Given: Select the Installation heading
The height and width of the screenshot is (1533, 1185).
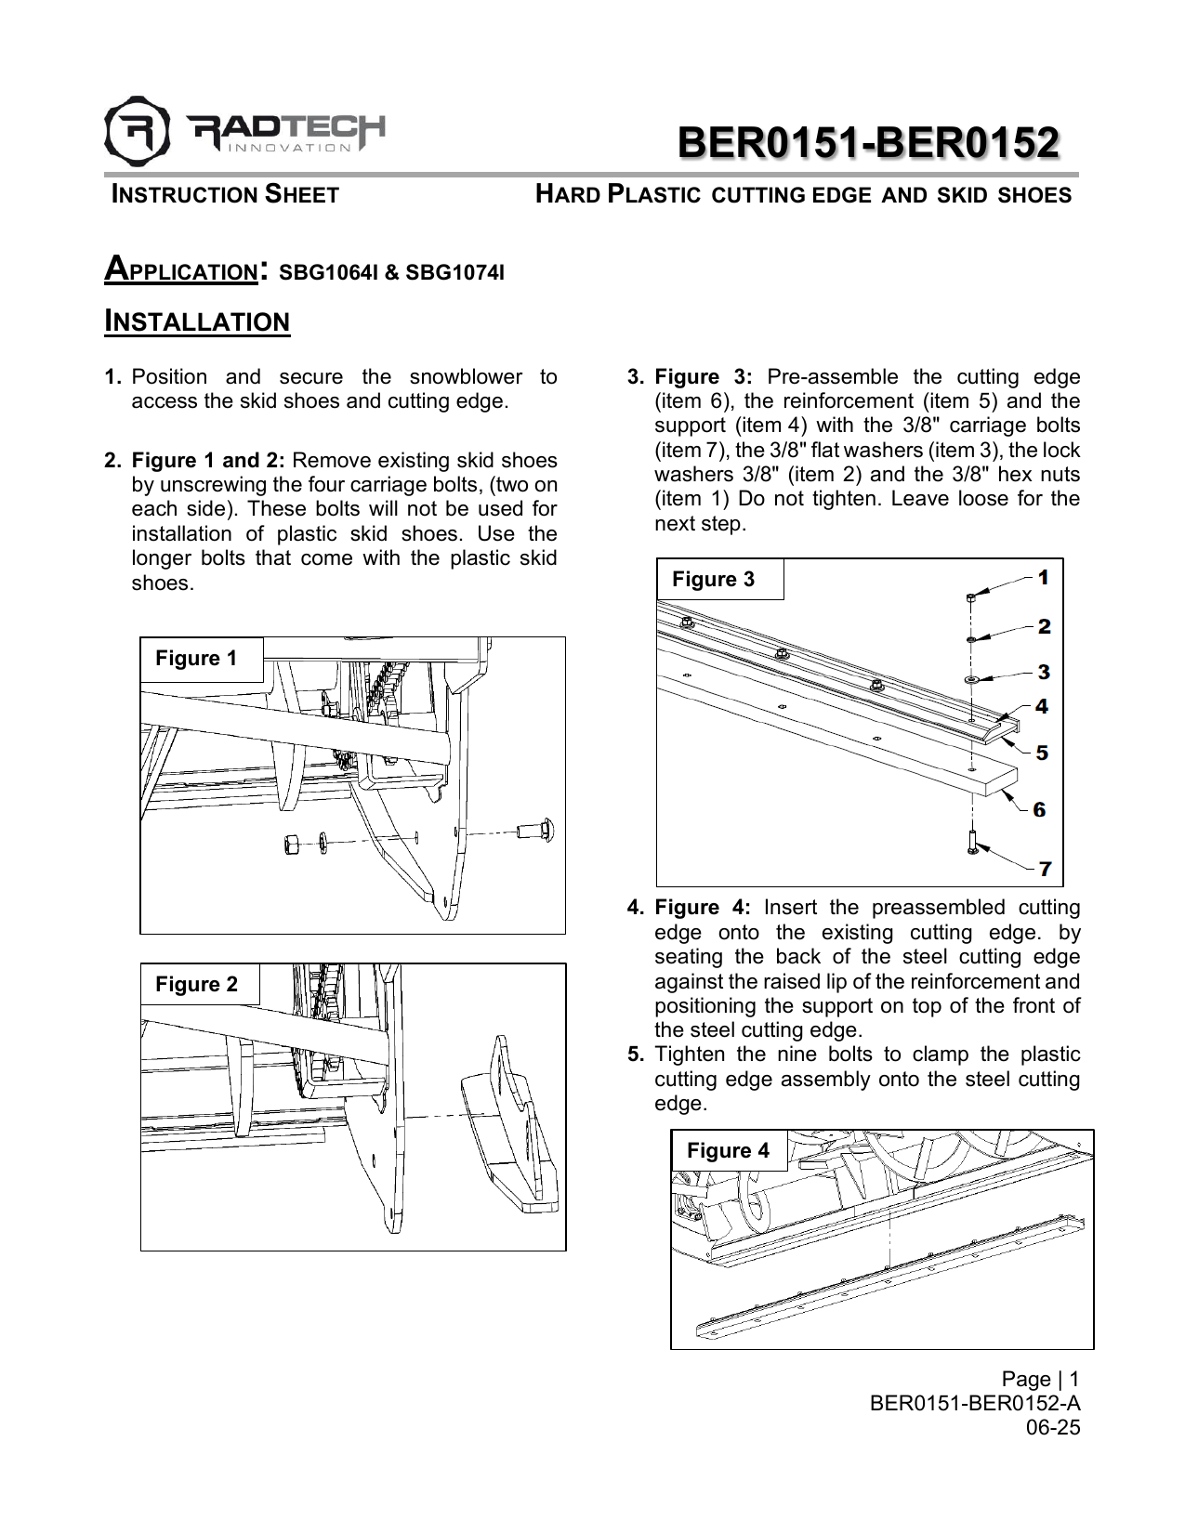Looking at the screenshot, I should point(197,321).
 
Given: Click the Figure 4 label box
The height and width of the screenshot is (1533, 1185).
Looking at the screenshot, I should point(728,1151).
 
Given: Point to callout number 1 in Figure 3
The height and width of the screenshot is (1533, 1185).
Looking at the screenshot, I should point(1044,578).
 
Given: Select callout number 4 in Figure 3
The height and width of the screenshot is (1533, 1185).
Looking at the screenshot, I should point(1042,707).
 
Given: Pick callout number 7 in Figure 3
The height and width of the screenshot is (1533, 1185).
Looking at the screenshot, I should point(1046,870).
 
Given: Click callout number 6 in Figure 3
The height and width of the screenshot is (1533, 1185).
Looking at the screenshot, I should point(1040,810).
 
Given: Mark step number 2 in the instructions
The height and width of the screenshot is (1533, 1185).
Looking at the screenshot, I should point(112,461).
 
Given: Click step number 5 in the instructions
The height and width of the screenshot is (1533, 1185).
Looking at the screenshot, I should point(636,1055).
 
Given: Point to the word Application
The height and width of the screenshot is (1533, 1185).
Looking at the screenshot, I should point(181,270).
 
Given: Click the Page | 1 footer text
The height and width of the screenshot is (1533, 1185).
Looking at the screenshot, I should point(1040,1379).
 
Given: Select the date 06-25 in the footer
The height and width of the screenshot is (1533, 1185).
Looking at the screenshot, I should point(1052,1428).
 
